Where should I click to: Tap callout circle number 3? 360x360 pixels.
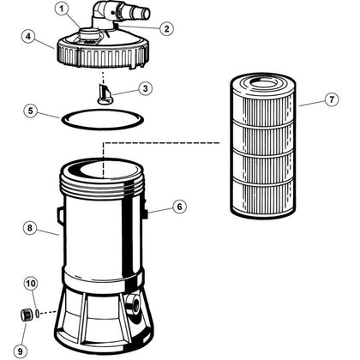147,88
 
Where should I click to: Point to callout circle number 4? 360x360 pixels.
29,37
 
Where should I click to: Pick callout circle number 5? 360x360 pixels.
29,111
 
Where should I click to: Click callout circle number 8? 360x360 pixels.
29,228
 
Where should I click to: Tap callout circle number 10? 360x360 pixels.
30,283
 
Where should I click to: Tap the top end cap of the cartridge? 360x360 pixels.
259,80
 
